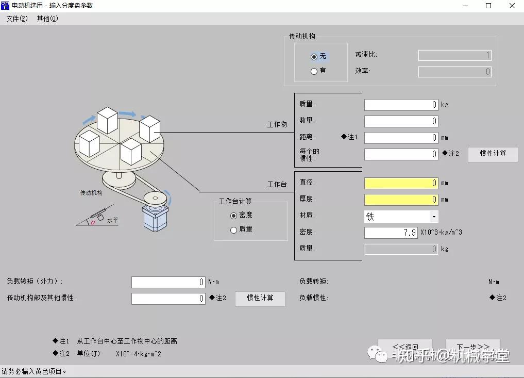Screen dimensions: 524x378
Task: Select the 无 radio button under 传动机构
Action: [x=314, y=56]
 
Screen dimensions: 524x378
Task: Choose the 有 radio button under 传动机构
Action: [x=314, y=71]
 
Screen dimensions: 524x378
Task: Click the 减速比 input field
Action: [x=454, y=55]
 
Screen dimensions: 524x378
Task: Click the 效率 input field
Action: [x=454, y=72]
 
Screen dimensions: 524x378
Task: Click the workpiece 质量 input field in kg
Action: [x=401, y=105]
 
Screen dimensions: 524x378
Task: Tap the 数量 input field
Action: [x=401, y=121]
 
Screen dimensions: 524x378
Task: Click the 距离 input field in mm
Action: [x=401, y=138]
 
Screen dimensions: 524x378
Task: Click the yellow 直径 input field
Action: [x=401, y=183]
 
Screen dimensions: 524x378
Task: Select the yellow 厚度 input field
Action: [x=401, y=200]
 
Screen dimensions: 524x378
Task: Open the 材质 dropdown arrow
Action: [x=434, y=217]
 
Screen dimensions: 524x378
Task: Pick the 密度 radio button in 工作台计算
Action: [x=234, y=215]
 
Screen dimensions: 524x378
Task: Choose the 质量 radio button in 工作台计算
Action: [x=234, y=230]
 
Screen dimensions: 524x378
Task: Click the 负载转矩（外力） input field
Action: [x=168, y=282]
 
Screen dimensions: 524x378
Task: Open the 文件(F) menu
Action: [x=17, y=19]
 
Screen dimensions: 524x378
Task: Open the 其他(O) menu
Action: [x=47, y=19]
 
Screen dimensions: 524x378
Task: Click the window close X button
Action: [x=512, y=6]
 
